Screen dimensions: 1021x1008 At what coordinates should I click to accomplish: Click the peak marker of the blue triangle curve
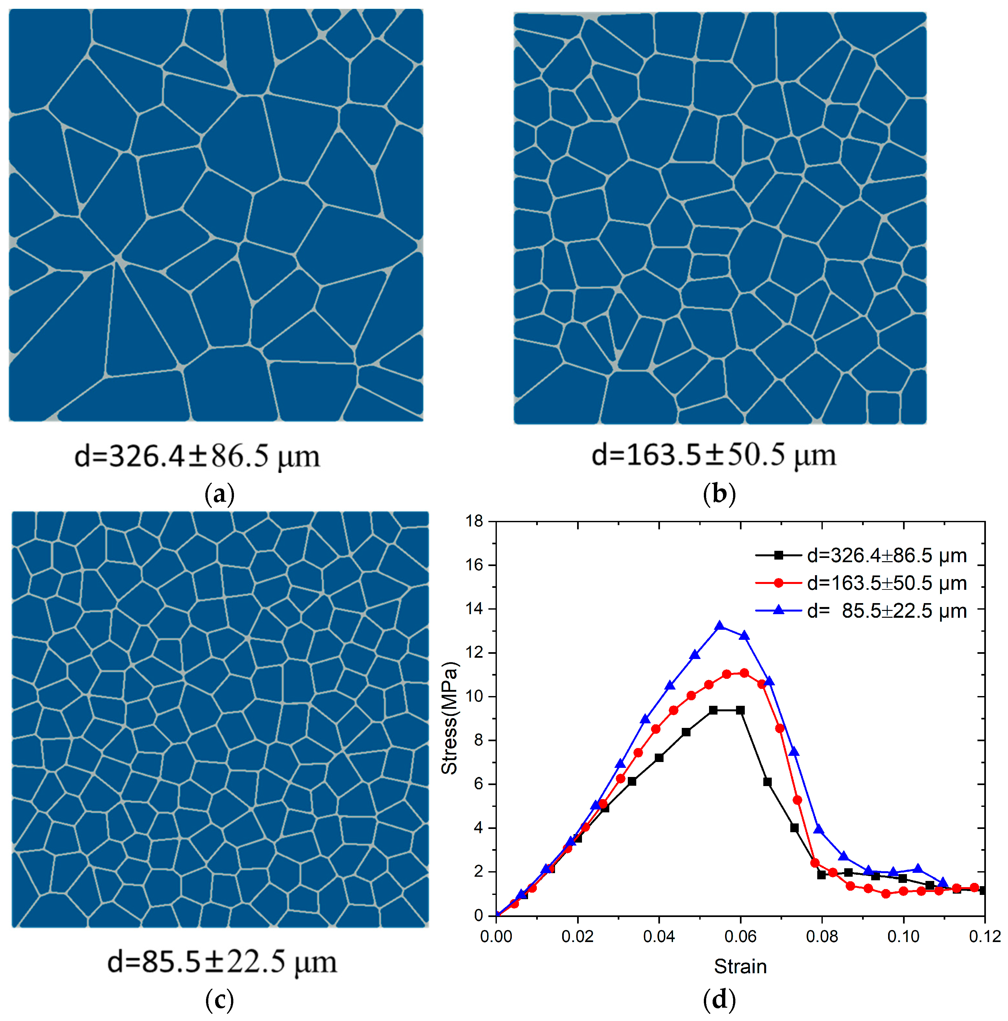pyautogui.click(x=719, y=626)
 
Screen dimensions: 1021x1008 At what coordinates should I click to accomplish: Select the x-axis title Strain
pyautogui.click(x=740, y=966)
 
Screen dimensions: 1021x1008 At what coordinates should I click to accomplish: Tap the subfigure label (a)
pyautogui.click(x=219, y=494)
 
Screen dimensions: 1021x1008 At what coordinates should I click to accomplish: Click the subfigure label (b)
pyautogui.click(x=719, y=494)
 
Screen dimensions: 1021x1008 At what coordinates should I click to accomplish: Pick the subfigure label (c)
pyautogui.click(x=219, y=999)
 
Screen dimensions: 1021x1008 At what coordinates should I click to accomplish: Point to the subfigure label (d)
pyautogui.click(x=719, y=999)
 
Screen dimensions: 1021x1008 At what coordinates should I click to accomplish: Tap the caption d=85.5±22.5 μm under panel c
pyautogui.click(x=222, y=962)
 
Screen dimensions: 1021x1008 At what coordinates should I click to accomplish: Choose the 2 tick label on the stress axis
pyautogui.click(x=478, y=872)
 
